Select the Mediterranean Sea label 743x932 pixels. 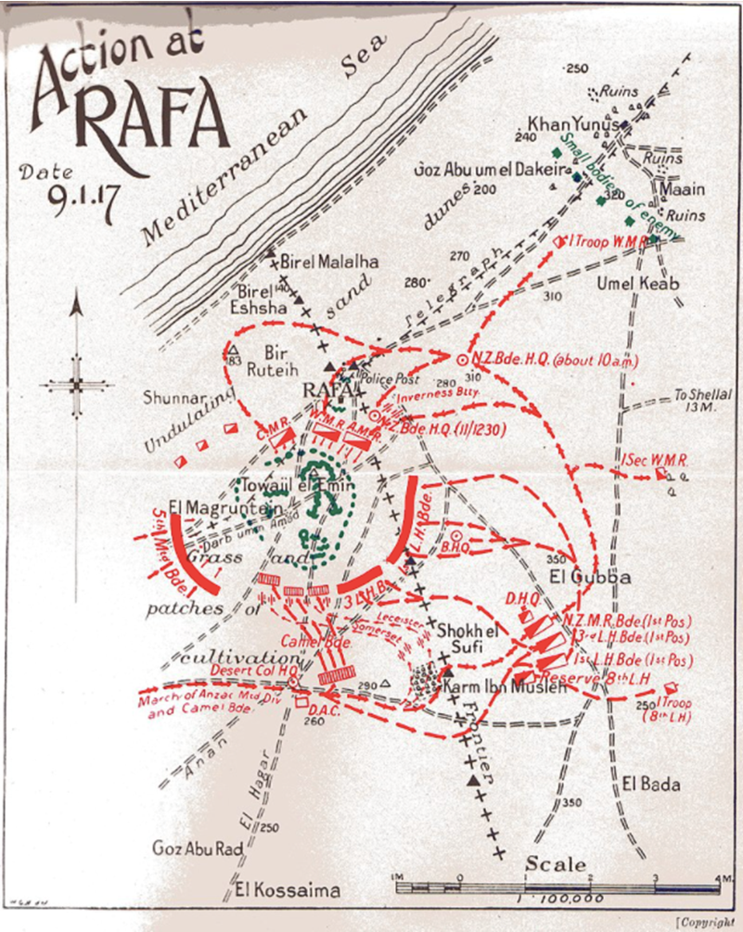point(265,147)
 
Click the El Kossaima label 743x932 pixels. point(288,890)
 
